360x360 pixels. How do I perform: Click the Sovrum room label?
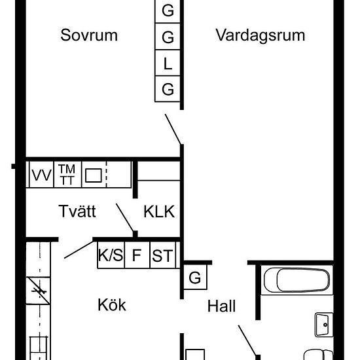tap(89, 35)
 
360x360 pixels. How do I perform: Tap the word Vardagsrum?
tap(261, 35)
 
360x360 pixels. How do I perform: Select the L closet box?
tap(168, 63)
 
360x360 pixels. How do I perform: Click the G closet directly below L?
tap(168, 89)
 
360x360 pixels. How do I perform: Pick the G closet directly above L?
tap(168, 36)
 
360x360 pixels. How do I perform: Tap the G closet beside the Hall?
tap(195, 277)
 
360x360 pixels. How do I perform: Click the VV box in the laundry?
tap(41, 175)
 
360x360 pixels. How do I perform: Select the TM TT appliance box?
tap(67, 175)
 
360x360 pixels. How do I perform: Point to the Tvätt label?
tap(77, 211)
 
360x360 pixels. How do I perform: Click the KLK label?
tap(159, 211)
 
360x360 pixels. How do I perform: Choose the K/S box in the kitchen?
tap(111, 255)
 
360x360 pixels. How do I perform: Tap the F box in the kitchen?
tap(137, 255)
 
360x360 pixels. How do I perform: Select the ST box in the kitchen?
tap(162, 255)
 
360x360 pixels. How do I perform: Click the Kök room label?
tap(112, 305)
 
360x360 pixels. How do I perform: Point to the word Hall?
tap(221, 306)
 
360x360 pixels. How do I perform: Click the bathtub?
tap(297, 280)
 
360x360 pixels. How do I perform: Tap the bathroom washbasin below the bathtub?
tap(324, 325)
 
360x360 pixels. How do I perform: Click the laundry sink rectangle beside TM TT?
tap(94, 175)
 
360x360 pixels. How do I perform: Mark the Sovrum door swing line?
tap(173, 129)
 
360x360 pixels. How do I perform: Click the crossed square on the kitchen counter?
tap(38, 291)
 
